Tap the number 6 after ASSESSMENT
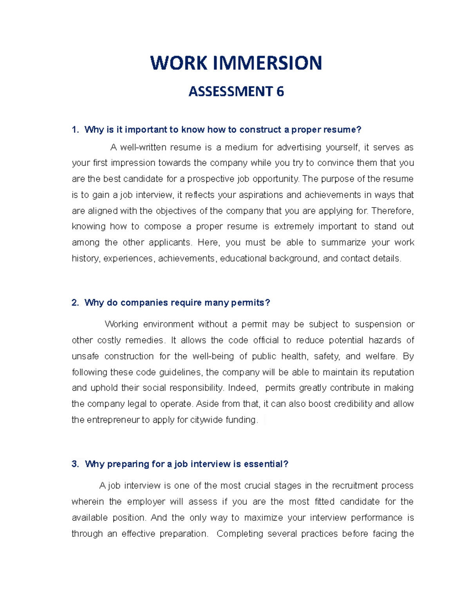(280, 92)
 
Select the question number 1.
(75, 130)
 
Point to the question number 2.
(75, 303)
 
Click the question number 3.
(75, 464)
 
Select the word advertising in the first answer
(296, 147)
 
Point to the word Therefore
(392, 211)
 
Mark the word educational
(243, 258)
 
